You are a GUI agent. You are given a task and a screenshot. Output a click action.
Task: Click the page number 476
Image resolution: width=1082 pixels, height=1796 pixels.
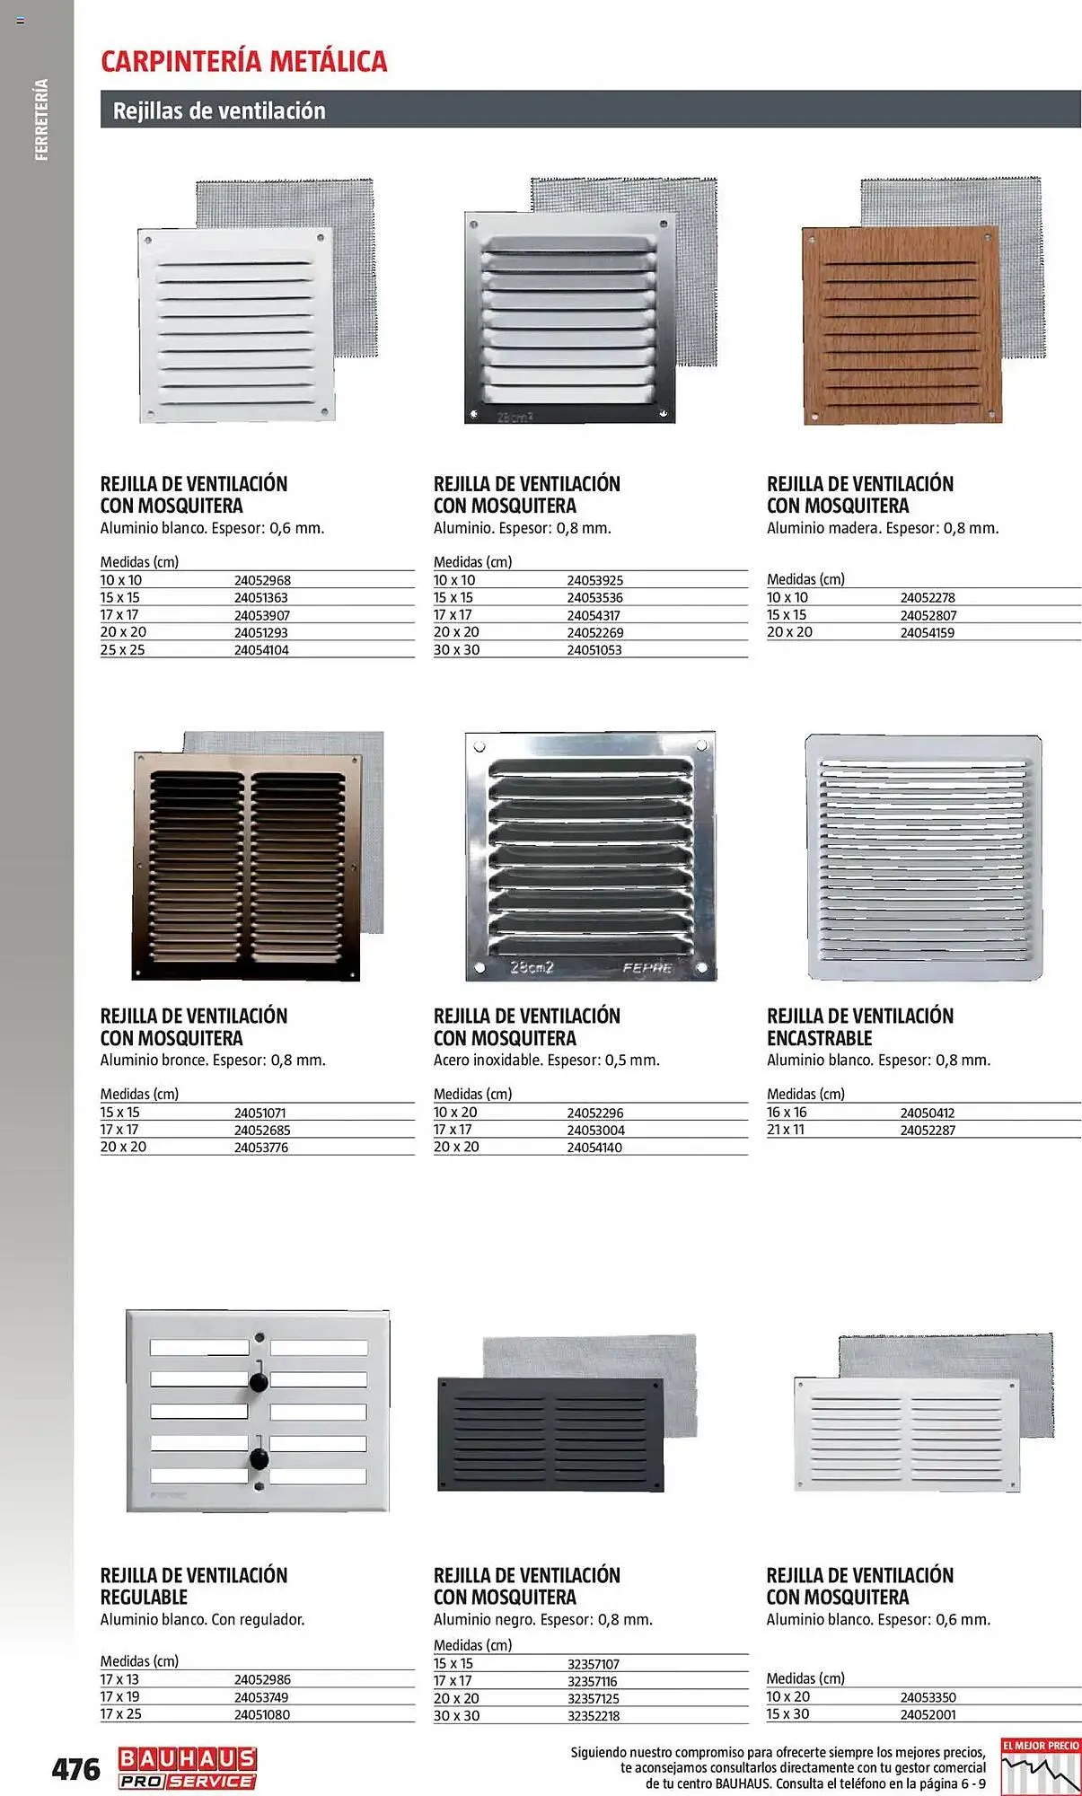[75, 1769]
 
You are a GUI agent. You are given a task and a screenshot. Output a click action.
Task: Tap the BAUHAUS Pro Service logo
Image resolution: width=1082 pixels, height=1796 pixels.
[187, 1769]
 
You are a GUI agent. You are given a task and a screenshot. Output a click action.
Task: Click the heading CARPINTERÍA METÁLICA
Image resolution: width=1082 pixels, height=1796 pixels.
[244, 61]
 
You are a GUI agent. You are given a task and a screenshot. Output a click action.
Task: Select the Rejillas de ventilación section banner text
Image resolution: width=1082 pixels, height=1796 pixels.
[219, 110]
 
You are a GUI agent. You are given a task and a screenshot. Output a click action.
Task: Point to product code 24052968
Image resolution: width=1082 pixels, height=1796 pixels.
[262, 581]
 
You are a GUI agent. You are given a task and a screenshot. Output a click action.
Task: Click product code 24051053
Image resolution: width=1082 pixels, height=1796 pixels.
[594, 650]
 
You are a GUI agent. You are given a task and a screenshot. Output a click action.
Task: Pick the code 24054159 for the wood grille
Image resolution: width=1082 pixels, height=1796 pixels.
[927, 632]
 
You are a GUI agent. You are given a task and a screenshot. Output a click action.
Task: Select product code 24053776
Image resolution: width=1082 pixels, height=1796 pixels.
[261, 1148]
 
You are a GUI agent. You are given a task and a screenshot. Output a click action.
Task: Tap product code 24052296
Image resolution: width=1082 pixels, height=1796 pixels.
[594, 1113]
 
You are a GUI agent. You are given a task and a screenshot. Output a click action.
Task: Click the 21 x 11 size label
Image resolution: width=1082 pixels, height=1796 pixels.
[786, 1130]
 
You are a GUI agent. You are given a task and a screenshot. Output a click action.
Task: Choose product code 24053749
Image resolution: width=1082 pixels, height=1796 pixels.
[261, 1697]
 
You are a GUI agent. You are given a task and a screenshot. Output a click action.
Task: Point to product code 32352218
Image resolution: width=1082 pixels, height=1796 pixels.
[594, 1715]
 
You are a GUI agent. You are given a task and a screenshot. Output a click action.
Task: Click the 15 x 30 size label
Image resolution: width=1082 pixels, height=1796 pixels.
[787, 1714]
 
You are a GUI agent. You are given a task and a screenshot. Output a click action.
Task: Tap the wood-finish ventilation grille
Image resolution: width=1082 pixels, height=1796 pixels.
[901, 325]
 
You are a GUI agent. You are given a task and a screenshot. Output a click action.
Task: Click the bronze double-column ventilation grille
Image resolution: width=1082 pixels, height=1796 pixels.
[247, 867]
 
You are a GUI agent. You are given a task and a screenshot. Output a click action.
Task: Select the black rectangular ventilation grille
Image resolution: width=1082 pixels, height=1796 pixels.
[550, 1434]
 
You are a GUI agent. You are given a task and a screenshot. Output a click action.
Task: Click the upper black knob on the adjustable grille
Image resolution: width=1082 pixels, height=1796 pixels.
[259, 1382]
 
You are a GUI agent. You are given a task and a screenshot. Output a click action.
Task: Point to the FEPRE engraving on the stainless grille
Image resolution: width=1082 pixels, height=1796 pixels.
[647, 968]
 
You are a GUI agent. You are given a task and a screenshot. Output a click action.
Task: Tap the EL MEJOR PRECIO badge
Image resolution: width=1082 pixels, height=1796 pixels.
[1041, 1765]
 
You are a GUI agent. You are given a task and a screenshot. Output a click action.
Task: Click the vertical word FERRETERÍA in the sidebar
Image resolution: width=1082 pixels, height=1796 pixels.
[41, 119]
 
